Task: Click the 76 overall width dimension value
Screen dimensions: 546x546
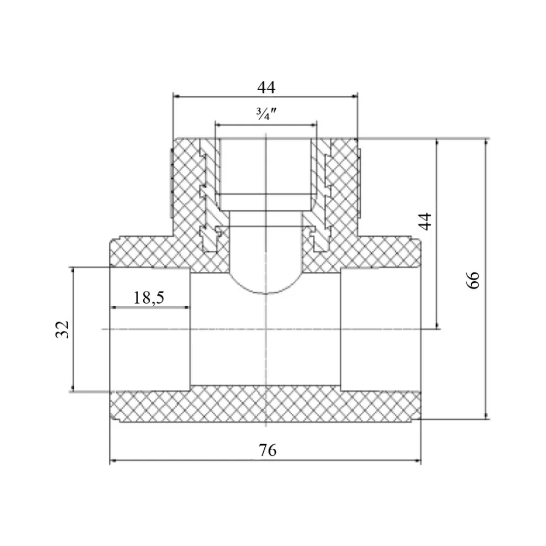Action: coord(268,450)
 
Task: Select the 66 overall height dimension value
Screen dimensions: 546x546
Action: coord(473,280)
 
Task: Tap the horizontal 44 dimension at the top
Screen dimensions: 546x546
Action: coord(266,87)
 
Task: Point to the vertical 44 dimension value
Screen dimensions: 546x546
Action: coord(424,222)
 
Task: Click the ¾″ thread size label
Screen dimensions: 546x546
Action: coord(266,114)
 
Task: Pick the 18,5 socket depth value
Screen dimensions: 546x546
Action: coord(149,298)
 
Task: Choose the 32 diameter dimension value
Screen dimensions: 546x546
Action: coord(62,329)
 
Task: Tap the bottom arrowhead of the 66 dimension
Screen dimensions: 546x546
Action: coord(486,416)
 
